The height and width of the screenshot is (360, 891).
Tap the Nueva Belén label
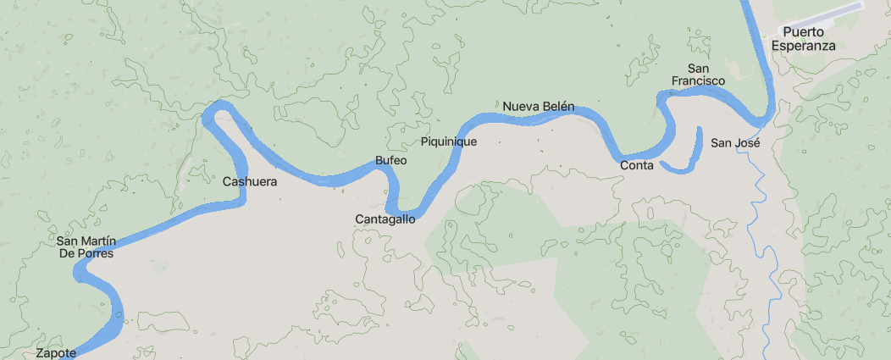point(539,107)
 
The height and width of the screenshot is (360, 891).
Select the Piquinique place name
point(449,141)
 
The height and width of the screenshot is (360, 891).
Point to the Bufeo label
point(391,161)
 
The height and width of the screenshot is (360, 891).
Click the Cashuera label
point(250,181)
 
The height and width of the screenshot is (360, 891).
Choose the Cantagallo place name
point(385,219)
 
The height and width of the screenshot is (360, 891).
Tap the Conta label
point(637,165)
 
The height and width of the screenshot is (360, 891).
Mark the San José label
point(735,142)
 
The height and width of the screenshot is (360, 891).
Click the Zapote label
point(57,352)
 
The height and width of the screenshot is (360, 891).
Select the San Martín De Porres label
point(86,246)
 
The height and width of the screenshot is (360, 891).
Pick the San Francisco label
point(699,75)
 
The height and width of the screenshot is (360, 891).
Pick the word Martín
point(99,241)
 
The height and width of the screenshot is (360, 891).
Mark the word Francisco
point(699,81)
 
